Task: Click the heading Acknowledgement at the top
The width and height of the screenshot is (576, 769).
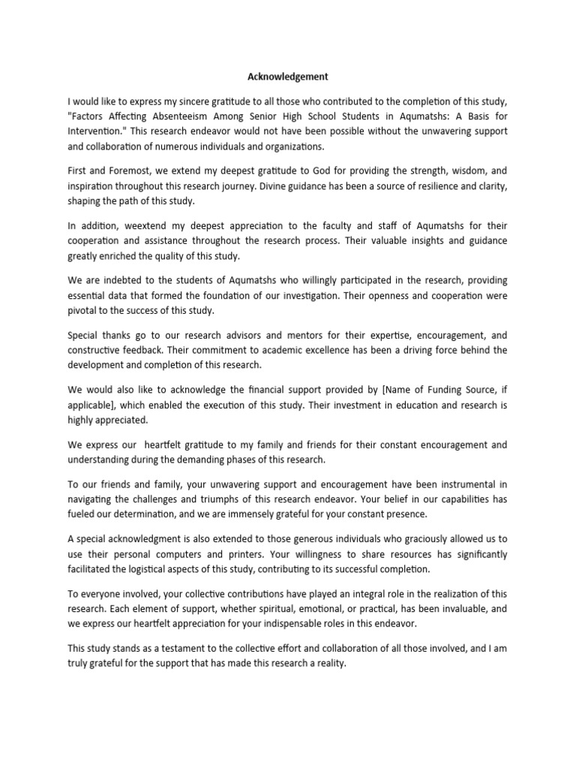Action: point(288,77)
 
